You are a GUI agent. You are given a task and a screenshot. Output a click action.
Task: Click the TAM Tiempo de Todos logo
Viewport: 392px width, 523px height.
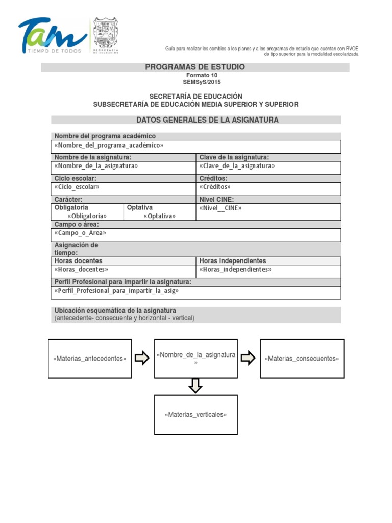[52, 36]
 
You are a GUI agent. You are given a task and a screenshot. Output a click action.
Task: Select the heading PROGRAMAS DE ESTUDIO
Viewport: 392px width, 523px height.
[195, 67]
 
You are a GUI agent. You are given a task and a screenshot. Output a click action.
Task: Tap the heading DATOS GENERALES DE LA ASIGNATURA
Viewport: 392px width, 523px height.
[207, 120]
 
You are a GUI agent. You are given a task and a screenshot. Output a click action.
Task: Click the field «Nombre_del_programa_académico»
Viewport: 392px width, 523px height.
[109, 145]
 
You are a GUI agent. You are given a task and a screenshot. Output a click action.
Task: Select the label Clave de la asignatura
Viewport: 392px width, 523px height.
[234, 157]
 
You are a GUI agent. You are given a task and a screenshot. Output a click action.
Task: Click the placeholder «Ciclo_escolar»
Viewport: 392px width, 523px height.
[77, 187]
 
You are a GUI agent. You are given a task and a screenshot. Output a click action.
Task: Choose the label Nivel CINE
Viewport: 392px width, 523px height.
[216, 199]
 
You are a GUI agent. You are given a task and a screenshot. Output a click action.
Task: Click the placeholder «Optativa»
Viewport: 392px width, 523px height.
[160, 216]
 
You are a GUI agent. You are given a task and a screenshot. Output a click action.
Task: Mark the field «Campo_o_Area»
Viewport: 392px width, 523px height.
[80, 233]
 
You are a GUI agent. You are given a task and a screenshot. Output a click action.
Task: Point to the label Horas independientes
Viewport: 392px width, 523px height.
[233, 261]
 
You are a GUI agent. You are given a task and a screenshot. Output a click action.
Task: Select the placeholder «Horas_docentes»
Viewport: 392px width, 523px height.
[81, 269]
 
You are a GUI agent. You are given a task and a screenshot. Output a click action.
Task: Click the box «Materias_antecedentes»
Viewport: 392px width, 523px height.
[90, 359]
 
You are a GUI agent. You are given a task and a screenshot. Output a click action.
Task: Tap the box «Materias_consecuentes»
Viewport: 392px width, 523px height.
[302, 359]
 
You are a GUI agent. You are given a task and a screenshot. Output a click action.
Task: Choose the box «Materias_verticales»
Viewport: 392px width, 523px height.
[195, 415]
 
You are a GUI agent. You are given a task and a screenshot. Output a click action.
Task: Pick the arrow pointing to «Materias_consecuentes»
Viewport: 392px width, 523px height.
[248, 358]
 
